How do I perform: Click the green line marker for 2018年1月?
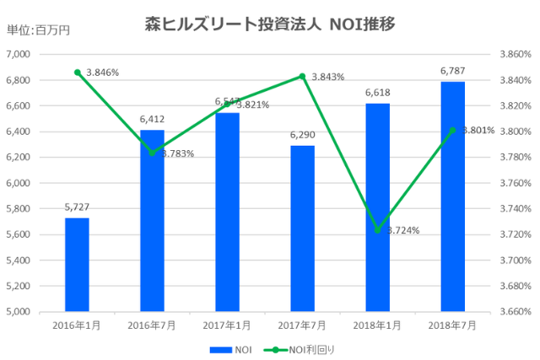click(x=377, y=230)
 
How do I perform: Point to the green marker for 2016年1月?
click(x=77, y=73)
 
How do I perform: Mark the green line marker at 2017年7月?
click(x=302, y=76)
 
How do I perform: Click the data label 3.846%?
click(x=102, y=73)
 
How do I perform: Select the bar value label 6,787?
click(x=452, y=71)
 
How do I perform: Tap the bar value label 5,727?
click(x=77, y=207)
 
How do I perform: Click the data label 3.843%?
click(x=327, y=77)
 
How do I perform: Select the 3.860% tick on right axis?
click(x=513, y=54)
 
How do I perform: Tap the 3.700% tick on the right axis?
click(x=513, y=261)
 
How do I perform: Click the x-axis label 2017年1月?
click(x=227, y=325)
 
